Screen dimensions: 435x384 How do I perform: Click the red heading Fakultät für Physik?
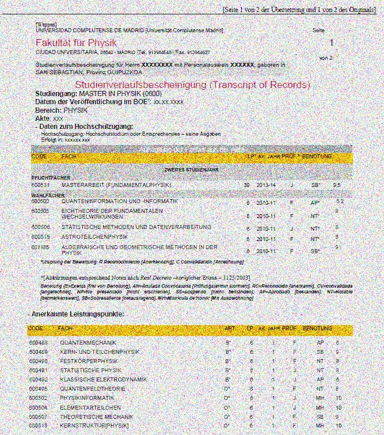[x=76, y=43]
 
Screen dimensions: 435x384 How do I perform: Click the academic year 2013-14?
[x=266, y=185]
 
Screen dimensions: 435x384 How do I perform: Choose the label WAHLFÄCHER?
[x=47, y=196]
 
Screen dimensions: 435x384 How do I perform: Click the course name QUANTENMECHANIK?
[x=88, y=342]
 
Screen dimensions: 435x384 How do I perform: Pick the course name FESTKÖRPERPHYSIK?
[x=89, y=361]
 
